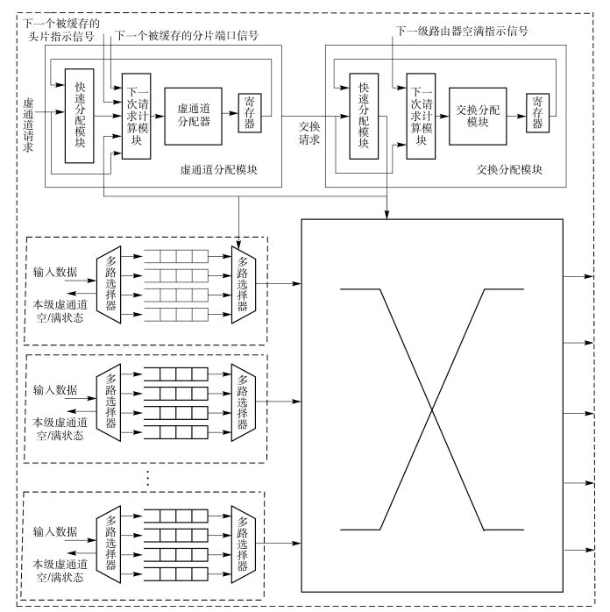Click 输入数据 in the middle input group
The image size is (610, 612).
click(54, 389)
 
